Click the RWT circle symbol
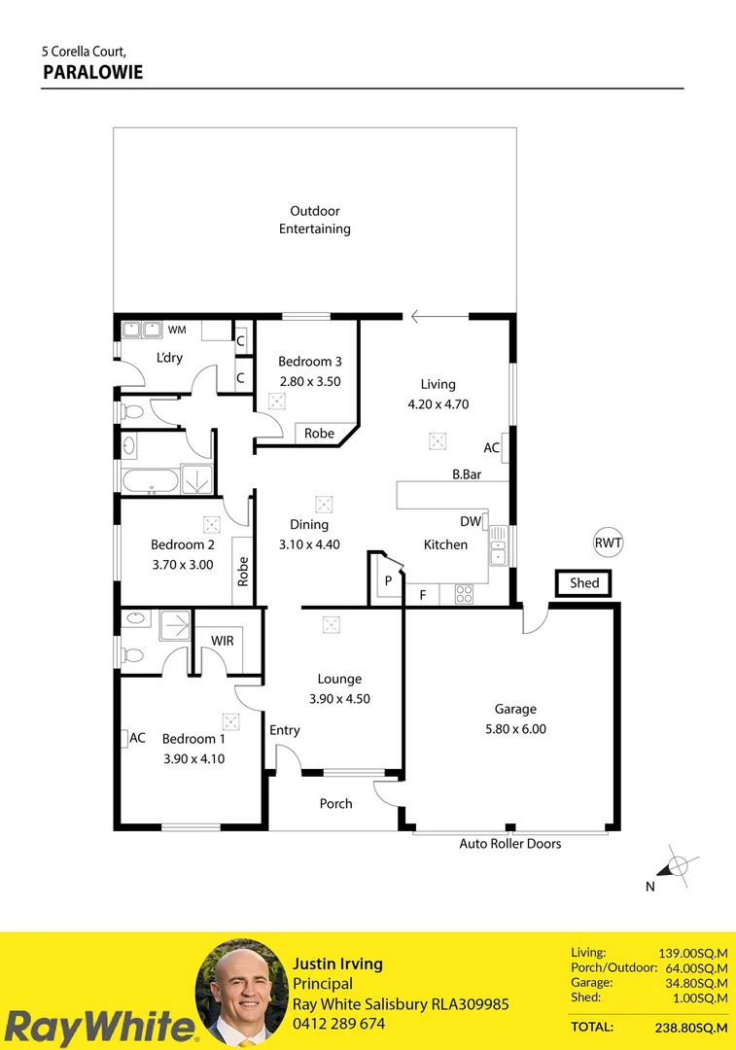608,543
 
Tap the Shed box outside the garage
584,583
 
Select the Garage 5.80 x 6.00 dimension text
514,728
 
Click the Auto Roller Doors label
510,844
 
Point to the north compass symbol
677,866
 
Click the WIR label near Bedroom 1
222,641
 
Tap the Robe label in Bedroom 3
319,434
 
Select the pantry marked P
388,580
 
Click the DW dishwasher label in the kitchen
471,522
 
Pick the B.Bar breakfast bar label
468,474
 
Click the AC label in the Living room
491,448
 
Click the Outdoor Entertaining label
314,220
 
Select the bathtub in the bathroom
151,479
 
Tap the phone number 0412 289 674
338,1024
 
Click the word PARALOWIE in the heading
93,72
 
